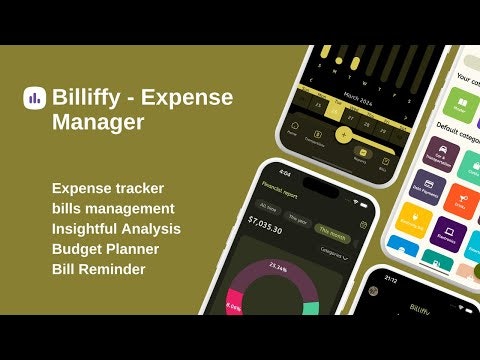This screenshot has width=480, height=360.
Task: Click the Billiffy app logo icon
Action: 34,98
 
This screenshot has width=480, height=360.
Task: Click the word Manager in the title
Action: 100,123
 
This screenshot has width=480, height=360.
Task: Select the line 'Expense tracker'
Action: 108,188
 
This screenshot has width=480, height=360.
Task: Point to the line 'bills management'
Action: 114,208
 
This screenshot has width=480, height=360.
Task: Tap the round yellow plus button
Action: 343,134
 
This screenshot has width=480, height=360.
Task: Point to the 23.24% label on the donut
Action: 277,268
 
